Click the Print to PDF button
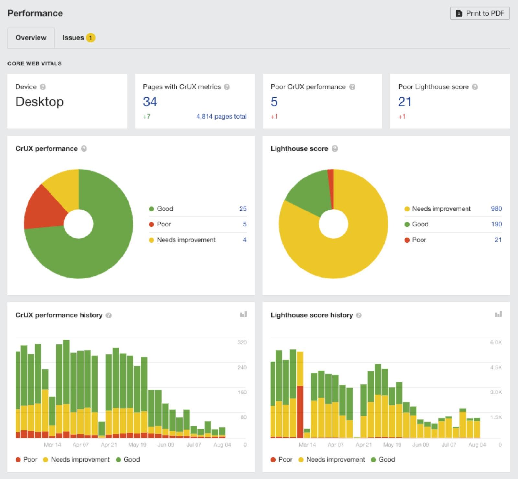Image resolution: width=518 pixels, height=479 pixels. coord(480,13)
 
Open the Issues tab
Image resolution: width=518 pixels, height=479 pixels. coord(73,38)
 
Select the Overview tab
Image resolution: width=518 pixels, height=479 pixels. coord(31,38)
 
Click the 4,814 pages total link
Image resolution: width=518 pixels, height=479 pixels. coord(221,116)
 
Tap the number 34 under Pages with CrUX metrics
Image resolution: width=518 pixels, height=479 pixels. coord(150,102)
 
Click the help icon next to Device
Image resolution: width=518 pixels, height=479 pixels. coord(43,87)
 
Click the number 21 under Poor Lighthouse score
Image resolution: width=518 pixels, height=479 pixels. coord(405,102)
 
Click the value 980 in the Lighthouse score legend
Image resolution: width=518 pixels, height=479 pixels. coord(496,209)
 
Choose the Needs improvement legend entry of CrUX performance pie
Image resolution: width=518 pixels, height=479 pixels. coord(186,240)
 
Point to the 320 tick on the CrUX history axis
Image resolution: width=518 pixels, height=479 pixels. coord(242,342)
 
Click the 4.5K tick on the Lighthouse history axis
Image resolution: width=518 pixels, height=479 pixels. coord(496,367)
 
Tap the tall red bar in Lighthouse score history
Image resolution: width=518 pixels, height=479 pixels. coord(300,411)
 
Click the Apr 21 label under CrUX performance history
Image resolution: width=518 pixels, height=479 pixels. coord(109,445)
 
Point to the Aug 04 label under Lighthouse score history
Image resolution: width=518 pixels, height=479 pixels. coord(477,445)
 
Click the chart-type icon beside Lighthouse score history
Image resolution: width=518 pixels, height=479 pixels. coord(498,314)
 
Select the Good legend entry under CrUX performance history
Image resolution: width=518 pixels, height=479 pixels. coord(128,459)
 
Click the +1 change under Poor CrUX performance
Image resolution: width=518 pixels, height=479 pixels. coord(274,116)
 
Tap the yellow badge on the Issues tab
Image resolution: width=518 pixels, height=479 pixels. coord(91,38)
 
